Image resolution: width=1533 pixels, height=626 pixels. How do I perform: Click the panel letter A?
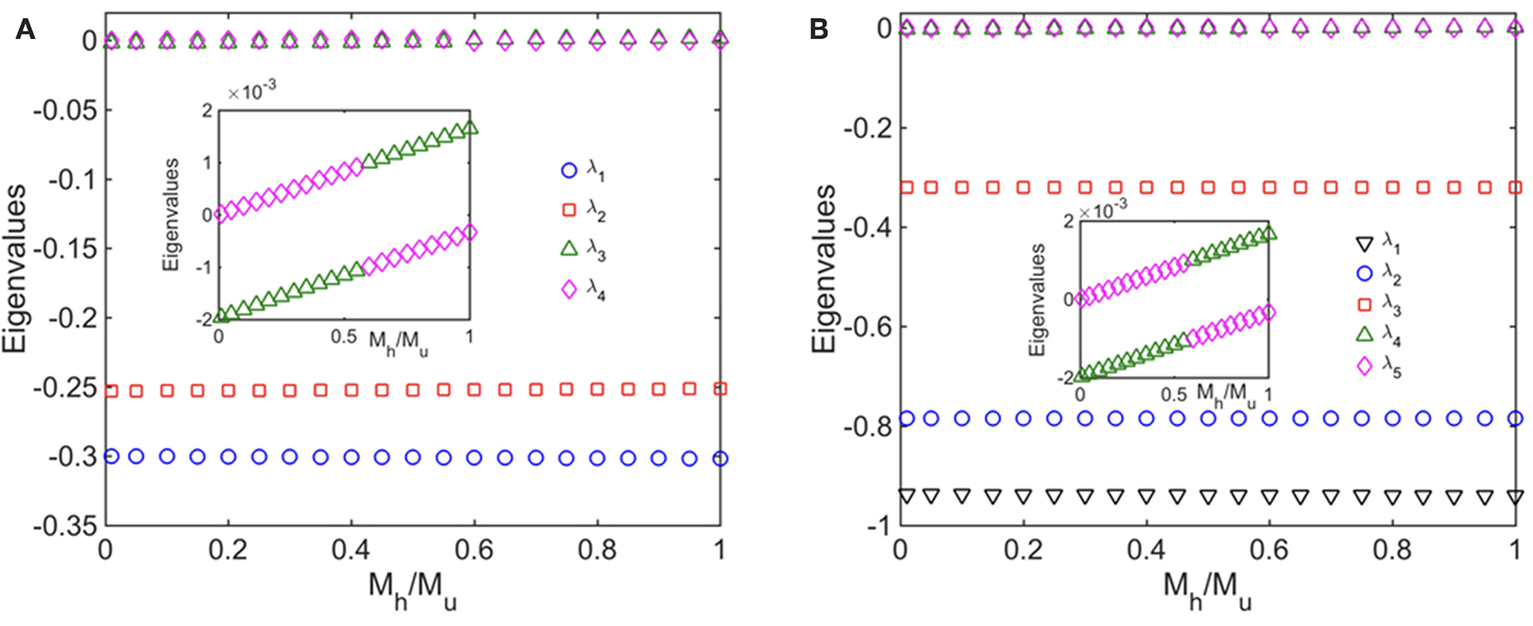coord(25,31)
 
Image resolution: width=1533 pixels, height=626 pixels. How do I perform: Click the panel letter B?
coord(818,30)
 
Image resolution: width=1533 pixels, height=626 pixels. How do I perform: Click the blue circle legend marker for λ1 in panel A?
coord(569,171)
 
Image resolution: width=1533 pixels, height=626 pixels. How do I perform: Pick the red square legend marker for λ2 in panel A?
coord(569,210)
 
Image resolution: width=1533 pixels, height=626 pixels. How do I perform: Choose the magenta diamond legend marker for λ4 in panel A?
coord(569,289)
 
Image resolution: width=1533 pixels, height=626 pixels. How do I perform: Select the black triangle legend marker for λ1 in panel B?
coord(1364,243)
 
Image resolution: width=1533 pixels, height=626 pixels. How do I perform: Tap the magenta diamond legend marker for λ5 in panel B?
coord(1364,366)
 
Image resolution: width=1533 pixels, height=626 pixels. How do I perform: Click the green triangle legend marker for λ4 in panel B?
coord(1364,334)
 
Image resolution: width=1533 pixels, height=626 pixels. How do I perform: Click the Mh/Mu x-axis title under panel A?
coord(413,589)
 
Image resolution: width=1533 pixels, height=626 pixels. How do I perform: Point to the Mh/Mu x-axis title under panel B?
coord(1207,589)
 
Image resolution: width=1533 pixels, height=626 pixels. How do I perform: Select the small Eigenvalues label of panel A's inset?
coord(171,215)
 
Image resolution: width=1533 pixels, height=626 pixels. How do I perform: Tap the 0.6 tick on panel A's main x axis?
coord(474,550)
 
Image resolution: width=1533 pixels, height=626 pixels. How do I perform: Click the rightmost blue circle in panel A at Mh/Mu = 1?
coord(720,459)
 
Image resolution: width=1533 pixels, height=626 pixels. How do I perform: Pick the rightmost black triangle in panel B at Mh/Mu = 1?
coord(1515,497)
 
